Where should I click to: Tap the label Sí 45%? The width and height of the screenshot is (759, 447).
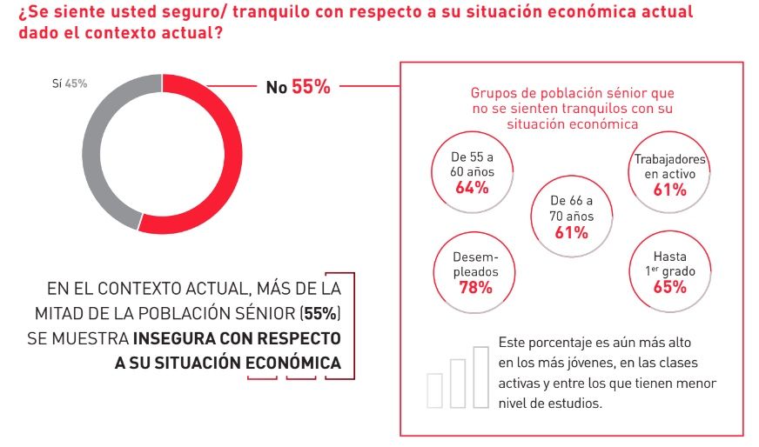tap(70, 83)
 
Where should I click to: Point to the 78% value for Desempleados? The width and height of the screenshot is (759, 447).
tap(475, 288)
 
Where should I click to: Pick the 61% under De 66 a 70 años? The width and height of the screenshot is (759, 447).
tap(571, 232)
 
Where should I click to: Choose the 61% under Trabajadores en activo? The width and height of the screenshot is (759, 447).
tap(669, 190)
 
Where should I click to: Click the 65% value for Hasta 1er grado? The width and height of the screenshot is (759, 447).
tap(669, 288)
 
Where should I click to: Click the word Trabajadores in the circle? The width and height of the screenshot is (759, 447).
tap(669, 159)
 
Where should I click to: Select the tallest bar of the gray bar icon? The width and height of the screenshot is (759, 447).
tap(480, 376)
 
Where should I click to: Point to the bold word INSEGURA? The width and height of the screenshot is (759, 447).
tap(177, 337)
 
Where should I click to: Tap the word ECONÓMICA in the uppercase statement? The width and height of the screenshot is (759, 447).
tap(294, 363)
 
